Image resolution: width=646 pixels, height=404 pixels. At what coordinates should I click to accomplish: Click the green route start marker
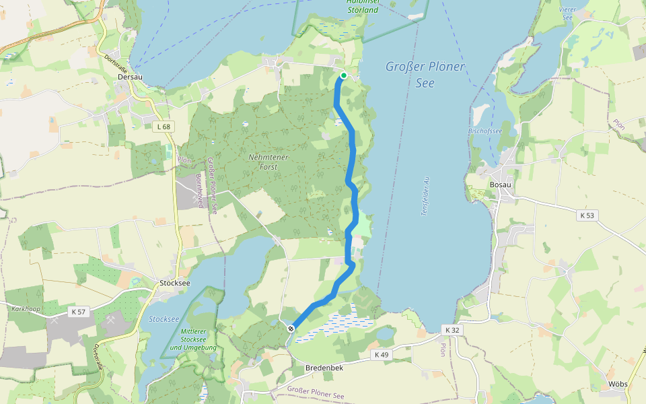tap(343, 75)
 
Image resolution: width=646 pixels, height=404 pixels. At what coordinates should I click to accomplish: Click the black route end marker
tap(291, 328)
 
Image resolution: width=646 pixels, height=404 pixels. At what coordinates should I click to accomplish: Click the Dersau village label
tap(130, 77)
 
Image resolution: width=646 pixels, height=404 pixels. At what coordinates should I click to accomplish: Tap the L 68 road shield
tap(162, 127)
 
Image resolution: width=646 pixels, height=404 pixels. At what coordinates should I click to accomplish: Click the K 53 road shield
tap(586, 215)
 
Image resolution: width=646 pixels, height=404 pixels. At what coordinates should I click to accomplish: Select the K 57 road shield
tap(78, 312)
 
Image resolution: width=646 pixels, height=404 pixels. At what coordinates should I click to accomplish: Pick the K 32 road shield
tap(452, 330)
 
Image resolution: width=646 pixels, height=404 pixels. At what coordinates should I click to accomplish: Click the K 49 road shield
tap(380, 354)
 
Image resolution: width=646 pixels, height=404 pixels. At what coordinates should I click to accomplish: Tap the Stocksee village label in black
tap(175, 283)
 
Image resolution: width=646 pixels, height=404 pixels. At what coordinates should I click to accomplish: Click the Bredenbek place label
tap(324, 368)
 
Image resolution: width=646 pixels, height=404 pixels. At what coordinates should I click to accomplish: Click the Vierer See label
tap(567, 14)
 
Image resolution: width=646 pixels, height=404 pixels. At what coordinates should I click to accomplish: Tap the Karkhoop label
tap(27, 308)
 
